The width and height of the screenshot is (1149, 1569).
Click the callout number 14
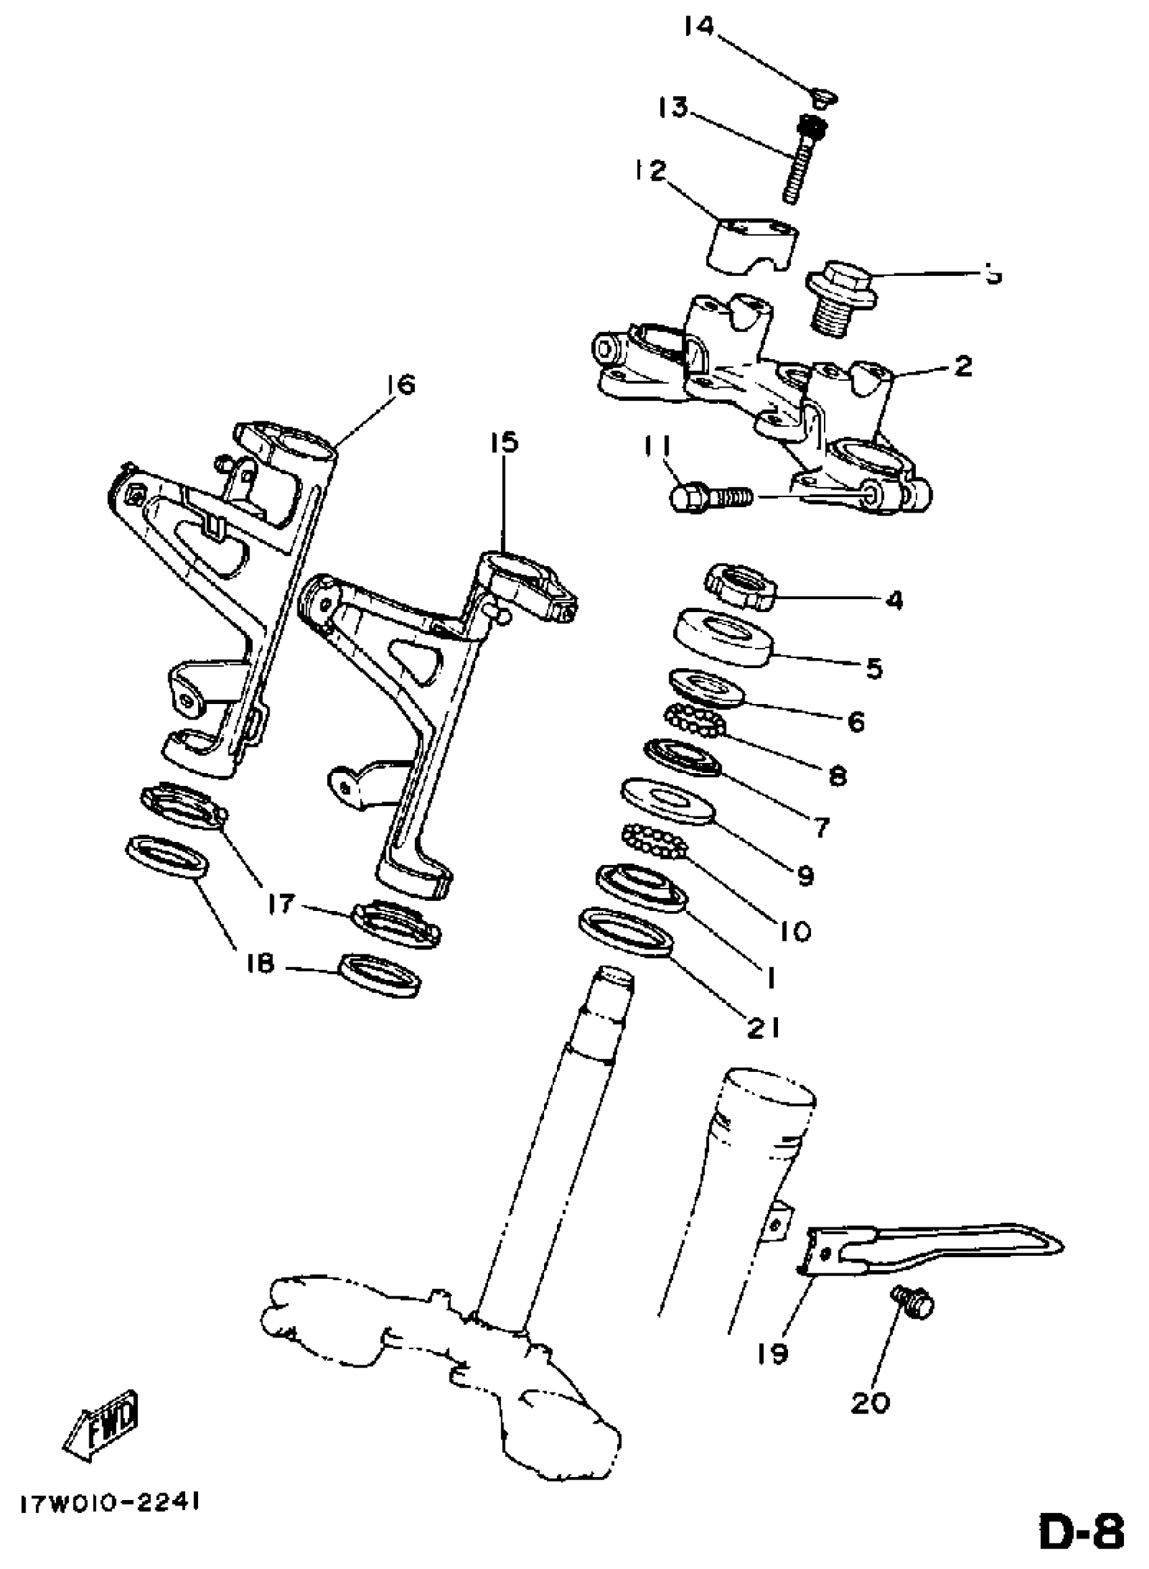698,27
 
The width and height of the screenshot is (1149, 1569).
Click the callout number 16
398,385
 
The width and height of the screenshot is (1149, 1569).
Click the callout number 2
962,367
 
